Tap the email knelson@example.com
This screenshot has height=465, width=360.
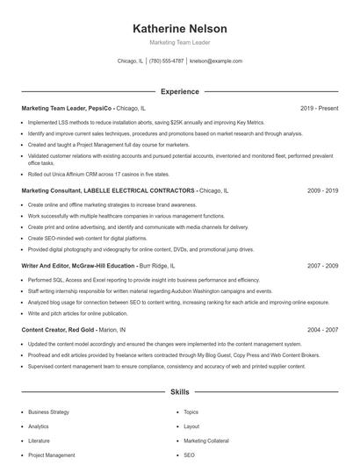pyautogui.click(x=215, y=61)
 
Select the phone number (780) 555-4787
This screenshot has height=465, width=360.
pyautogui.click(x=166, y=61)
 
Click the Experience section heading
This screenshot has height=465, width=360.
pyautogui.click(x=179, y=91)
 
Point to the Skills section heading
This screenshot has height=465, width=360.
pyautogui.click(x=179, y=392)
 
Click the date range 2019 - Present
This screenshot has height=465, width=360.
pyautogui.click(x=319, y=108)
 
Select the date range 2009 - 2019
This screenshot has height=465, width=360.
pyautogui.click(x=321, y=190)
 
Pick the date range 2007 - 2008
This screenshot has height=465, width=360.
pyautogui.click(x=321, y=265)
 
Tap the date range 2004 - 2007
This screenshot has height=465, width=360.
pyautogui.click(x=321, y=330)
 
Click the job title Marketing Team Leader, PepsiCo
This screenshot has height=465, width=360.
pyautogui.click(x=68, y=108)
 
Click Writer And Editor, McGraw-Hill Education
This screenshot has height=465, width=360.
pyautogui.click(x=78, y=265)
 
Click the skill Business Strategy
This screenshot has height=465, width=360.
pyautogui.click(x=48, y=411)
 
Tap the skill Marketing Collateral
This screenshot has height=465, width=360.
pyautogui.click(x=207, y=440)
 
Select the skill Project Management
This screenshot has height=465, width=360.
pyautogui.click(x=51, y=455)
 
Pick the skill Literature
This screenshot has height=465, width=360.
pyautogui.click(x=39, y=440)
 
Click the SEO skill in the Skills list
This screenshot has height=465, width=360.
pyautogui.click(x=189, y=455)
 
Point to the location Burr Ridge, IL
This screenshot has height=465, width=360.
pyautogui.click(x=157, y=265)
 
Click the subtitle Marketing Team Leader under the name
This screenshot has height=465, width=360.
pyautogui.click(x=179, y=42)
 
